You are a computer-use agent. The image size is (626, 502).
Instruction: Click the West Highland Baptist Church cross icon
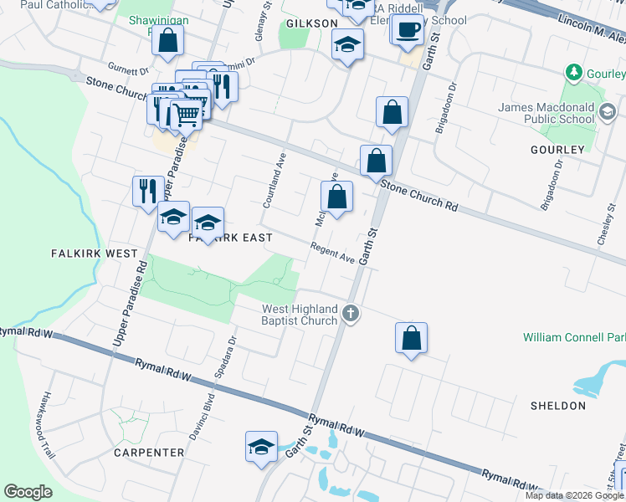tap(351, 315)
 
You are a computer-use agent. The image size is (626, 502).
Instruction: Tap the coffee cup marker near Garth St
tap(408, 30)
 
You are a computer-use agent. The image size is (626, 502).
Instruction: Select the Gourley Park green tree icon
tap(574, 73)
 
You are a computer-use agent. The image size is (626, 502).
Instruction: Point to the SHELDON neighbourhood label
tap(558, 406)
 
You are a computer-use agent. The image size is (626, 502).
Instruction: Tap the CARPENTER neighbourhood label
tap(148, 453)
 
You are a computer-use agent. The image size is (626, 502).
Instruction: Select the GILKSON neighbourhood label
tap(311, 23)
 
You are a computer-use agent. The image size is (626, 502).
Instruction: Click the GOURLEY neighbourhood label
tap(557, 149)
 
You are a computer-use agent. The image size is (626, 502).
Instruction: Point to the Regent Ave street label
tap(332, 252)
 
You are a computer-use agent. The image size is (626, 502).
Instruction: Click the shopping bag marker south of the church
tap(411, 338)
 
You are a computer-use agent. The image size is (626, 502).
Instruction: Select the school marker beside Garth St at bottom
tap(261, 447)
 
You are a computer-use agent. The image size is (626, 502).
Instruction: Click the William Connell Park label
tap(574, 337)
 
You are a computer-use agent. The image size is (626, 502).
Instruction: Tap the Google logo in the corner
tap(28, 492)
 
